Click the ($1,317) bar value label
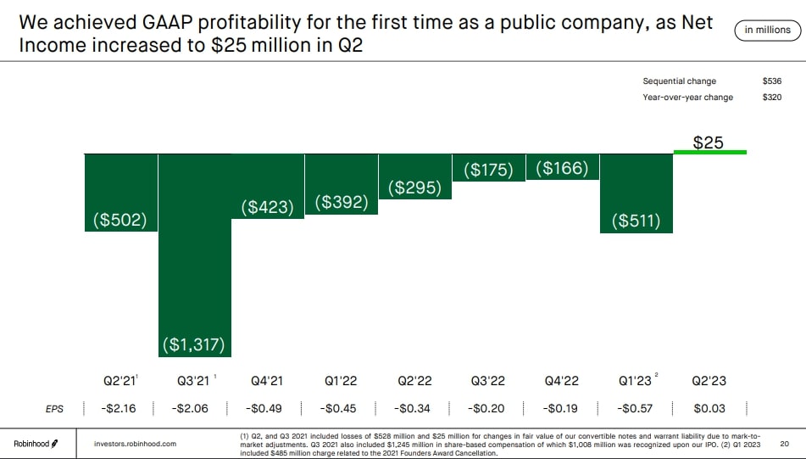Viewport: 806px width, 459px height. (x=193, y=344)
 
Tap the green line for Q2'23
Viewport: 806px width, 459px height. (x=709, y=153)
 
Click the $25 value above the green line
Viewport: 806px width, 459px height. (x=709, y=143)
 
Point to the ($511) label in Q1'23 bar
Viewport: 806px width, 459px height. (x=636, y=221)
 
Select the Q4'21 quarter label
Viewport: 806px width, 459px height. (x=267, y=382)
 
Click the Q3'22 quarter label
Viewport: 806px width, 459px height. (x=488, y=382)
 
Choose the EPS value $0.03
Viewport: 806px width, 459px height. (x=709, y=408)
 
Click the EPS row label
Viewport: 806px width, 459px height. (x=54, y=408)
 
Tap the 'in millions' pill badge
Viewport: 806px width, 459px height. (x=767, y=31)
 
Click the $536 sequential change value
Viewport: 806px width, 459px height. (x=772, y=81)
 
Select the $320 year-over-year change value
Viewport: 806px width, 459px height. (x=772, y=98)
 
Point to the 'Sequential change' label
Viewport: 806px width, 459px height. (x=679, y=81)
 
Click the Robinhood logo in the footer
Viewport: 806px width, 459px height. (x=36, y=443)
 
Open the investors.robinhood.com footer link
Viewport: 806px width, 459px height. (x=135, y=443)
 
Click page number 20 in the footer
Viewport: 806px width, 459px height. (x=784, y=443)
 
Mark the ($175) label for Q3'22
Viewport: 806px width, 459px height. (x=489, y=170)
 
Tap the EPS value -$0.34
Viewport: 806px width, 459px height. (x=414, y=408)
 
